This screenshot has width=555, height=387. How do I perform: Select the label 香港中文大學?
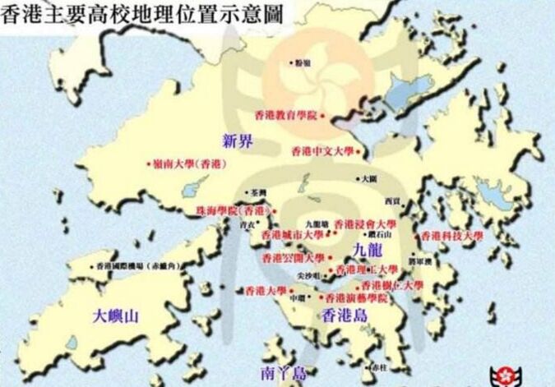pyautogui.click(x=322, y=152)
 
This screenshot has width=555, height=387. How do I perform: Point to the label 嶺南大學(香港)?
pyautogui.click(x=188, y=164)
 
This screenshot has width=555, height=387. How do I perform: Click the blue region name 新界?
pyautogui.click(x=238, y=140)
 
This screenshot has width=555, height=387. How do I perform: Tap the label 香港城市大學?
pyautogui.click(x=292, y=234)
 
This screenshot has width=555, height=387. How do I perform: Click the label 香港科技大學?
pyautogui.click(x=452, y=235)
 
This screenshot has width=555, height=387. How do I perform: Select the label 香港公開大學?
pyautogui.click(x=293, y=258)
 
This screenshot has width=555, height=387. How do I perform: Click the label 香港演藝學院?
pyautogui.click(x=357, y=298)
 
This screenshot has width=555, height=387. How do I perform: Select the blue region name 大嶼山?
pyautogui.click(x=115, y=315)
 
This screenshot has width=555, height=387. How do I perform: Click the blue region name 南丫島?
pyautogui.click(x=284, y=371)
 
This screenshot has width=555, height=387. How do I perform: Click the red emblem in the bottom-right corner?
pyautogui.click(x=502, y=374)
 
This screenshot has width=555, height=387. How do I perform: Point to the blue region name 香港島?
pyautogui.click(x=344, y=316)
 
